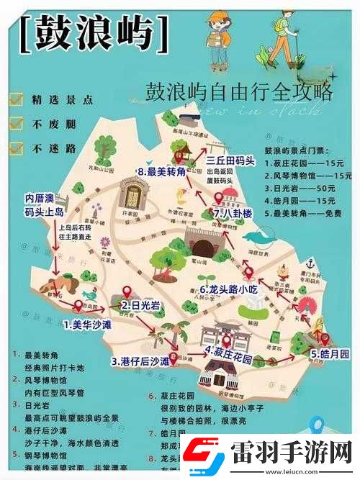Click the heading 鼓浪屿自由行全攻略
239,92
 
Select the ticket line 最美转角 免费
306,214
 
